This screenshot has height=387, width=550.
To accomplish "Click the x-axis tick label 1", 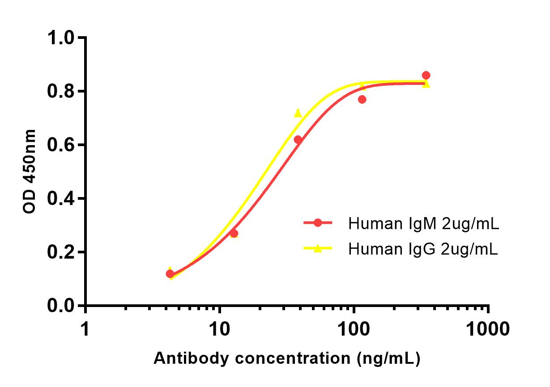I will (85, 330).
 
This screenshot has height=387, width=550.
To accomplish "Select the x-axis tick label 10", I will (219, 330).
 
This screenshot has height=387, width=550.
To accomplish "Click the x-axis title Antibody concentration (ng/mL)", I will (287, 358).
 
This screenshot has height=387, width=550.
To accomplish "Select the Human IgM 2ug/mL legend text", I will (423, 223).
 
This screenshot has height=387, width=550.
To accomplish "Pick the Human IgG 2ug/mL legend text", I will (423, 249).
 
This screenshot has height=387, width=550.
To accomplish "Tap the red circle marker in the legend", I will (318, 223).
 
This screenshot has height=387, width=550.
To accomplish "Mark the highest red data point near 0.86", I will (426, 75).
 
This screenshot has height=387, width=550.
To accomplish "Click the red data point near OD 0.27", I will (234, 233).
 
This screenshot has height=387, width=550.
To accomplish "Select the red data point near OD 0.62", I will (298, 140).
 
